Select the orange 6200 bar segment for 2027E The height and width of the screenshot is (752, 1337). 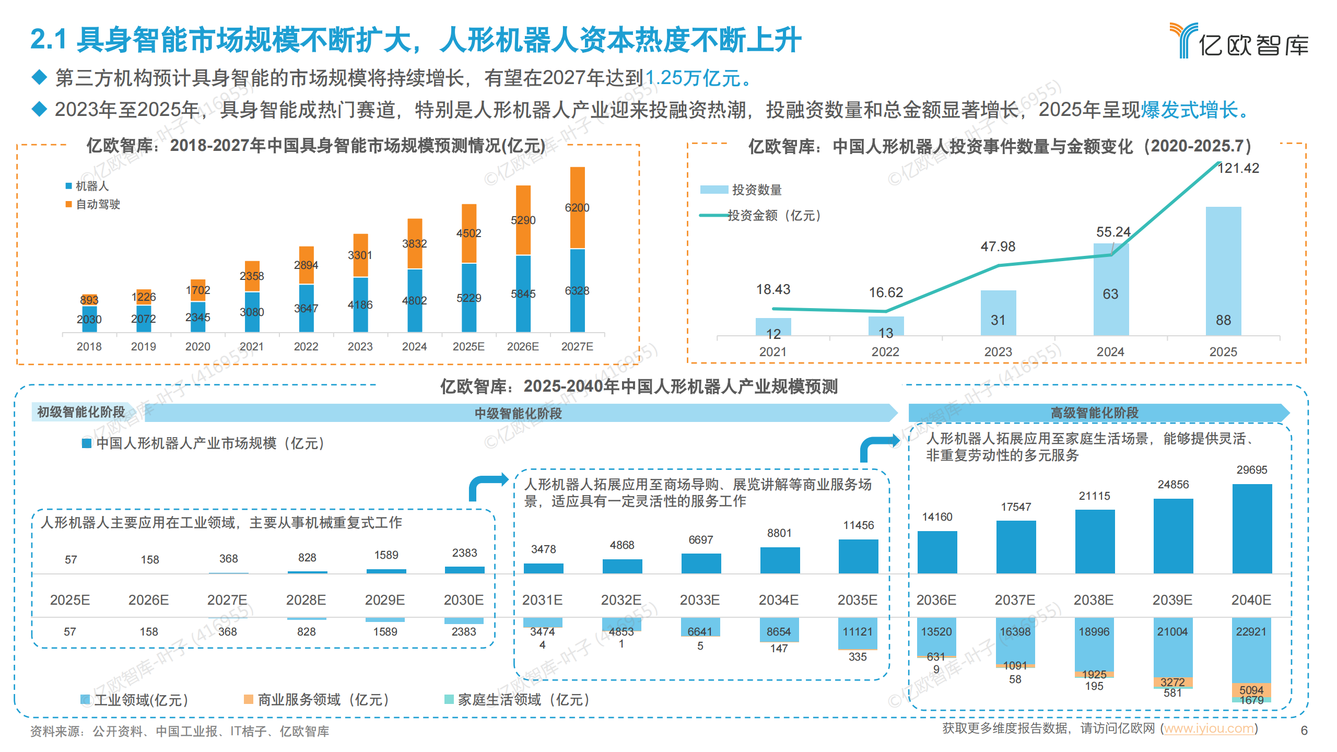coord(577,208)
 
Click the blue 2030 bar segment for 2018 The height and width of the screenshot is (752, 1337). coord(89,319)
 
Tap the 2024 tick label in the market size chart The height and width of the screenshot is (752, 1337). coord(414,347)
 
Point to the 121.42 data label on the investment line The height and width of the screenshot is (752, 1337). coord(1238,169)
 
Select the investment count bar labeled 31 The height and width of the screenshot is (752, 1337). coord(998,313)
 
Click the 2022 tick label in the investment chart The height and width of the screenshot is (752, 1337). coord(885,352)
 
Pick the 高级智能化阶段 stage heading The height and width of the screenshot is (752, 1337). coord(1094,413)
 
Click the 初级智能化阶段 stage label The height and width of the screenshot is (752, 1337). coord(81,412)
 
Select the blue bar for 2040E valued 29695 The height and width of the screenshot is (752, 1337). coord(1252,528)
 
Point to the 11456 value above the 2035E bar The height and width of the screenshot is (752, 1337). coord(858,525)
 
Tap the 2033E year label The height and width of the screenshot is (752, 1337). coord(700,600)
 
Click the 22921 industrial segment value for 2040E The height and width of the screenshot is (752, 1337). coord(1251,632)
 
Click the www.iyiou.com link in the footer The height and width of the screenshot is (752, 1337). coord(1209,729)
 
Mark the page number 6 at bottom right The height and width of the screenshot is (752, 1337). coord(1304,731)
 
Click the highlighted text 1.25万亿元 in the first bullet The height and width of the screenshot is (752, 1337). coord(693,78)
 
